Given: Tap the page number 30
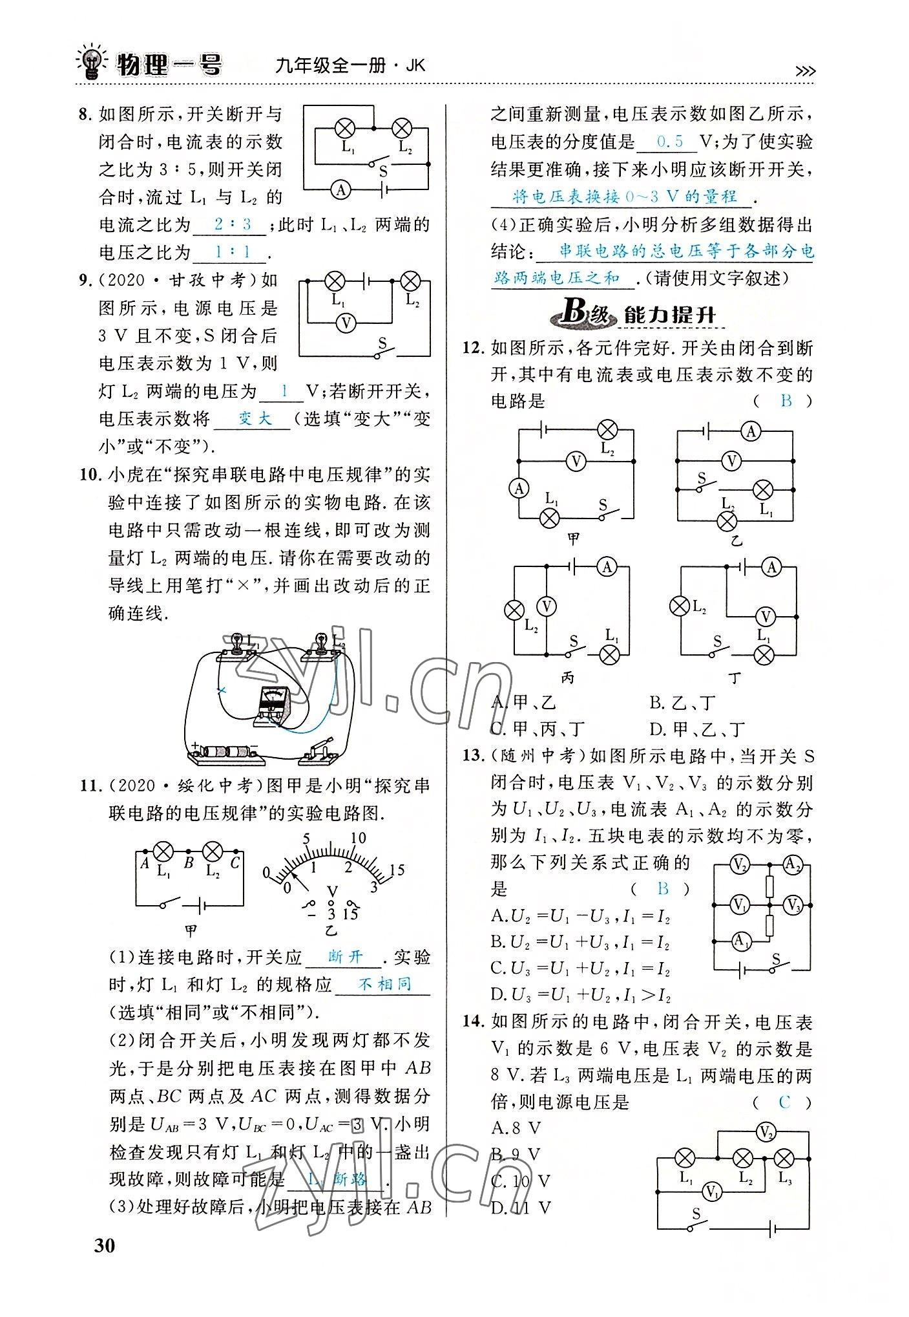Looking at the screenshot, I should point(105,1245).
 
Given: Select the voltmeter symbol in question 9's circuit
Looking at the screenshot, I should point(347,323).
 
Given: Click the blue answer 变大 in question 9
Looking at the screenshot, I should point(255,418).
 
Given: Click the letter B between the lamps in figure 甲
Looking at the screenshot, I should point(189,862).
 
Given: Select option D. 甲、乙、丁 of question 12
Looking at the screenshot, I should point(697,729).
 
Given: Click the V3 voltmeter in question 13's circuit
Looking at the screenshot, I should point(793,905).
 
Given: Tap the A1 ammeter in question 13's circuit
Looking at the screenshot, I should point(742,941).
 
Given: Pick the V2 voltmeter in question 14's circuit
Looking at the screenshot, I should point(766,1131).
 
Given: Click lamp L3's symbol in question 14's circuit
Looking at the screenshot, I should point(784,1158).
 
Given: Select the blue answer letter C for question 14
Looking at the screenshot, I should point(784,1102).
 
